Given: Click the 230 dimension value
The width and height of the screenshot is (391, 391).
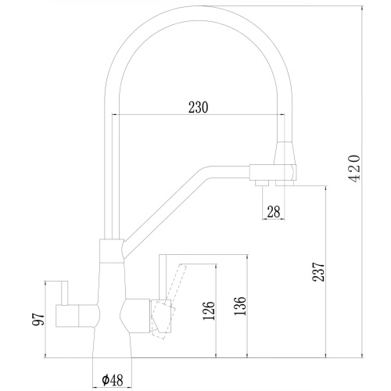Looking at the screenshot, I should pos(197,108).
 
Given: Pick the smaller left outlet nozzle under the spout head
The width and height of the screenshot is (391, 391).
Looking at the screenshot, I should pos(258,183).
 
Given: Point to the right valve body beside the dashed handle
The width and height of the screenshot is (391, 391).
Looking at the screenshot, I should pos(139,313).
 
